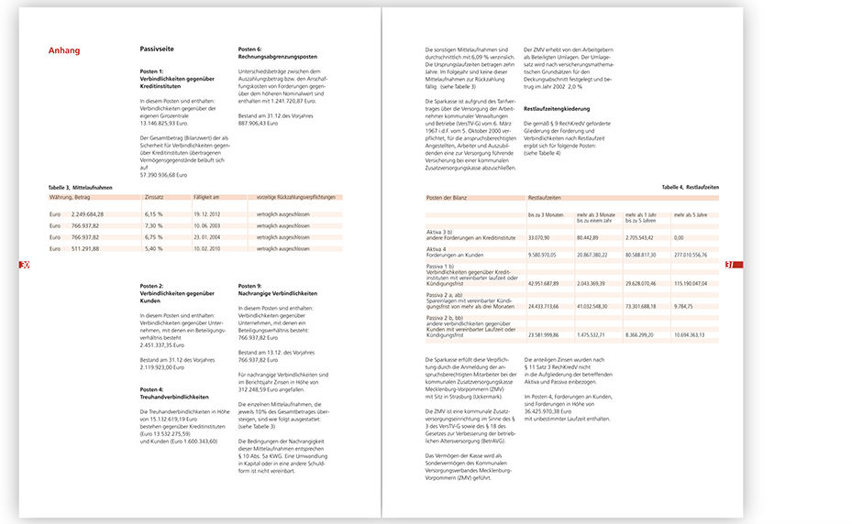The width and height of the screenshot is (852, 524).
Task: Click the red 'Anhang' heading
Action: click(x=64, y=51)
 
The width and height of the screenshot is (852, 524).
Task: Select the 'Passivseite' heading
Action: click(x=158, y=50)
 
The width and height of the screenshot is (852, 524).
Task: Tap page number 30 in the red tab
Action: click(x=26, y=265)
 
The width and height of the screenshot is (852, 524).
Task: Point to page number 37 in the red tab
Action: click(x=729, y=265)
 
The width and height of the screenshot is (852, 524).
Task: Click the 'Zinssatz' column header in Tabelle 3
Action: click(x=154, y=197)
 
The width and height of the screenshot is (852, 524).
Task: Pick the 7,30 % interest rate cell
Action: click(x=154, y=225)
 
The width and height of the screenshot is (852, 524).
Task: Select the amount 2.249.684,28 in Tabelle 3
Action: click(x=88, y=213)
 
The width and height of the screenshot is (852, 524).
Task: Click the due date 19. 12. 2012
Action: click(x=208, y=213)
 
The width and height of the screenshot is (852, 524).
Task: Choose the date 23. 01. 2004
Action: click(x=208, y=237)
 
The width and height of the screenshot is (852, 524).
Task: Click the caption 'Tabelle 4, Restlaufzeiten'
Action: click(x=690, y=187)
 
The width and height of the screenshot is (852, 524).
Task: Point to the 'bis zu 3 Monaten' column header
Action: click(x=548, y=213)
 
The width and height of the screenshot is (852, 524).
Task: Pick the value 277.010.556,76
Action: click(x=694, y=255)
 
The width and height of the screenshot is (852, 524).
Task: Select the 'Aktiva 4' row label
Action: click(x=437, y=248)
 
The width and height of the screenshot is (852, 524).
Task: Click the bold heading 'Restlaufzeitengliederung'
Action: click(x=557, y=108)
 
